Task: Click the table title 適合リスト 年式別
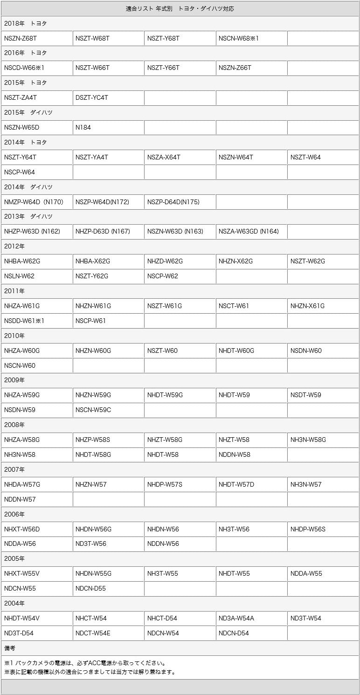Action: point(180,9)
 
